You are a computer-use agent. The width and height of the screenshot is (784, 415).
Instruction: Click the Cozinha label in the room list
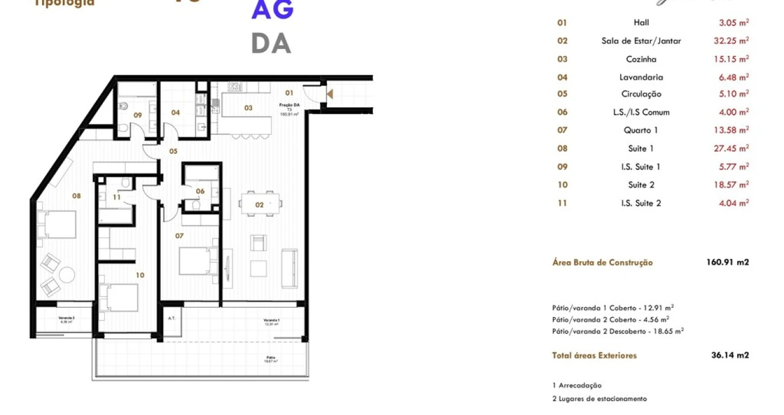coord(641,59)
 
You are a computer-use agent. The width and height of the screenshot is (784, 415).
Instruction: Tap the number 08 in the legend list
coord(562,148)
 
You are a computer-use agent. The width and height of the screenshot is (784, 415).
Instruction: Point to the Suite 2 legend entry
coord(641,184)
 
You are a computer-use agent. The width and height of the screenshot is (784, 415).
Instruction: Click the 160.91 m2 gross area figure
coord(728,262)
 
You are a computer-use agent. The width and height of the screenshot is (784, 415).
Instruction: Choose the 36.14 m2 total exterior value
coord(730,355)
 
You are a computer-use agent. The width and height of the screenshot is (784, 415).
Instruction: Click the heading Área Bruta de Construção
coord(602,262)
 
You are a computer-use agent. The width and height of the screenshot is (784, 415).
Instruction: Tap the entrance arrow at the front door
coord(330,93)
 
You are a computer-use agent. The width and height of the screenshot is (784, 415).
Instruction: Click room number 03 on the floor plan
coord(248,108)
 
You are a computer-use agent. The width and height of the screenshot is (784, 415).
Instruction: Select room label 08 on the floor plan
coord(76,195)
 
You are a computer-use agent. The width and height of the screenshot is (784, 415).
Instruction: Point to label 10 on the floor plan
coord(140,275)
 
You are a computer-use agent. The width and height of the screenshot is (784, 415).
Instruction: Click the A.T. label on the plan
coord(171,318)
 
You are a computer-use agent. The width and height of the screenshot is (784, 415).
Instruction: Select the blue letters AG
coord(272,10)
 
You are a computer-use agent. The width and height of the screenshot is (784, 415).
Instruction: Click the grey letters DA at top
coord(271,43)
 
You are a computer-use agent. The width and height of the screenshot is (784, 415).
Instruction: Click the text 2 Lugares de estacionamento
coord(600,398)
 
